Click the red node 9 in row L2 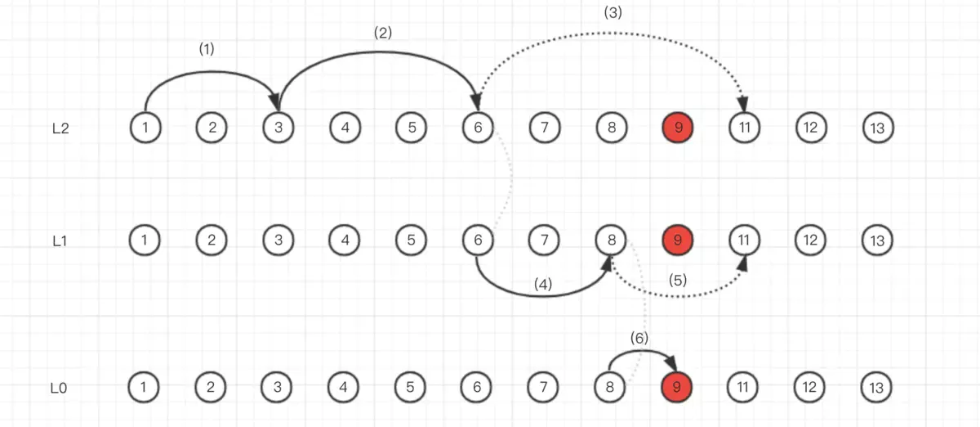pyautogui.click(x=677, y=128)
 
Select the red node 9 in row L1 pyautogui.click(x=677, y=240)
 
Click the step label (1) pyautogui.click(x=207, y=49)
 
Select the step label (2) pyautogui.click(x=382, y=33)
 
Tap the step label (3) pyautogui.click(x=612, y=12)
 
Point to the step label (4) pyautogui.click(x=543, y=284)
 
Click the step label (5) pyautogui.click(x=678, y=279)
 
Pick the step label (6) pyautogui.click(x=639, y=336)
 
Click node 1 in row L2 pyautogui.click(x=145, y=128)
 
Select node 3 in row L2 pyautogui.click(x=278, y=128)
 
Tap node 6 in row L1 pyautogui.click(x=477, y=240)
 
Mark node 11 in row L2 pyautogui.click(x=744, y=128)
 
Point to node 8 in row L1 pyautogui.click(x=610, y=240)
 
